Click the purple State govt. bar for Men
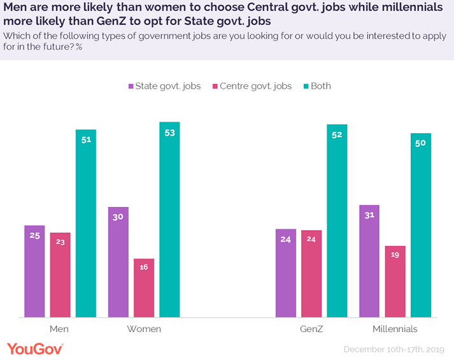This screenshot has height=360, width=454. [x=34, y=271]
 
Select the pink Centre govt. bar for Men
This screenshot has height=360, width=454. [x=60, y=275]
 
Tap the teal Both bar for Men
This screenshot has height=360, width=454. [x=85, y=223]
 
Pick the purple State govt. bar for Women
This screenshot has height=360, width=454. [x=118, y=262]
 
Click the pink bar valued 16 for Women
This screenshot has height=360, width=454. [x=143, y=287]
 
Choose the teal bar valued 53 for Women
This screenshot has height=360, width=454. [x=169, y=219]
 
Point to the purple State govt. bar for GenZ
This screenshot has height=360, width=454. [x=286, y=273]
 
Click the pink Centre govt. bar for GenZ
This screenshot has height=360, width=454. [x=311, y=273]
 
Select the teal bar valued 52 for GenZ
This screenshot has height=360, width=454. [x=337, y=220]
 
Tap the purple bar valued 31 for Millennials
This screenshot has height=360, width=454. [x=369, y=261]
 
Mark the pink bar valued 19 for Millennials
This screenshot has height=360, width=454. [x=395, y=281]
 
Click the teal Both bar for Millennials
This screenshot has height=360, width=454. [x=421, y=225]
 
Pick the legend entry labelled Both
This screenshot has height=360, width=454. [x=316, y=86]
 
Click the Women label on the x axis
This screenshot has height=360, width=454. [x=144, y=329]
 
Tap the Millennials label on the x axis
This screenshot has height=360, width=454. [x=395, y=329]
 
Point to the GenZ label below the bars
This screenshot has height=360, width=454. [x=311, y=329]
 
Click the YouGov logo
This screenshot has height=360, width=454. [x=35, y=349]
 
